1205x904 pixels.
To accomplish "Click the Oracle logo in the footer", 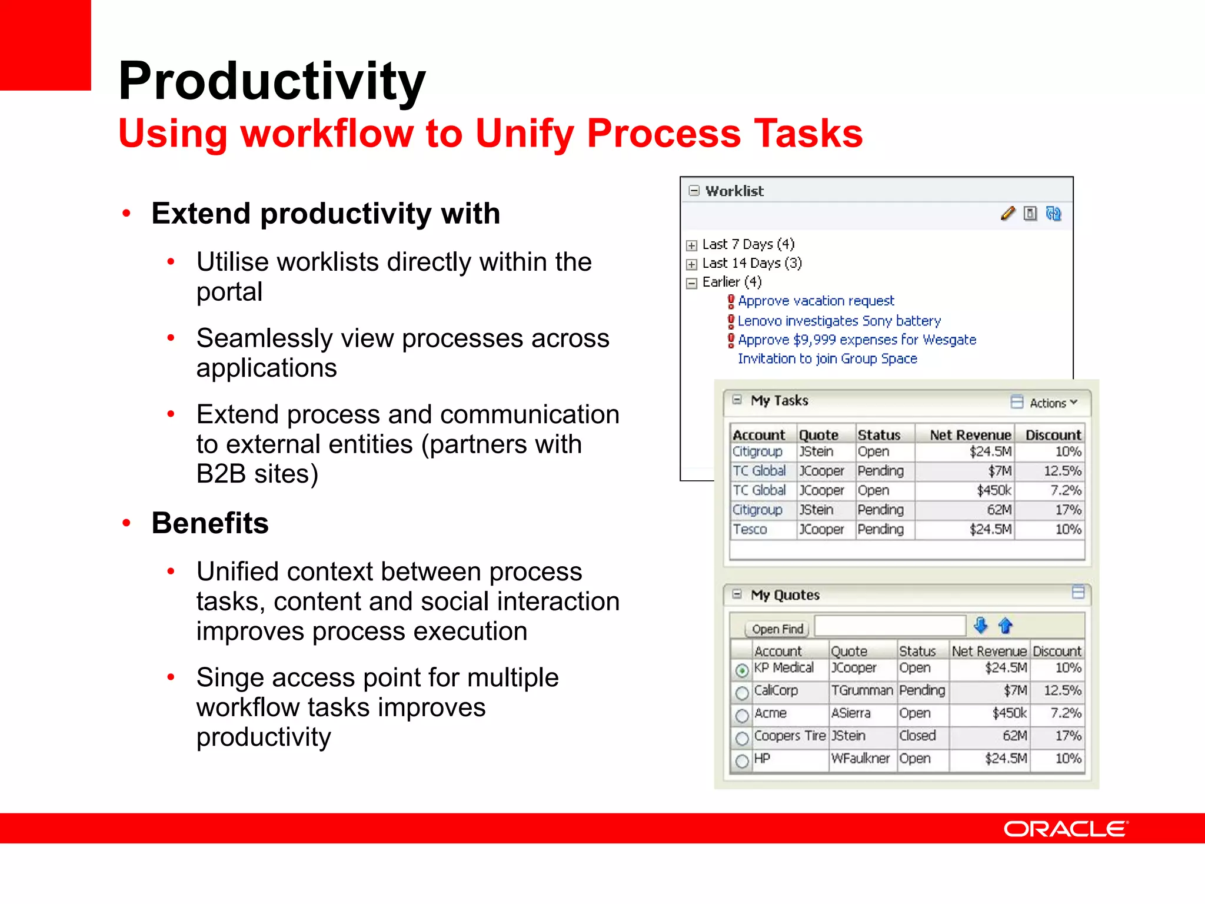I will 1065,829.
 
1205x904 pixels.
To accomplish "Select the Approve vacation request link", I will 815,301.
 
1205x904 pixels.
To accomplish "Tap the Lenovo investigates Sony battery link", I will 839,321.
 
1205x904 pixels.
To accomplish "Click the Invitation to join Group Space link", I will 827,359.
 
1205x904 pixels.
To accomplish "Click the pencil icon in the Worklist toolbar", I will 1007,214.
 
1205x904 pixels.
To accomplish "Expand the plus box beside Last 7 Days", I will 692,245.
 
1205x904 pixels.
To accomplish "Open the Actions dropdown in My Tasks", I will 1053,403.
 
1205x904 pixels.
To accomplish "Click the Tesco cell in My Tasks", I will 750,530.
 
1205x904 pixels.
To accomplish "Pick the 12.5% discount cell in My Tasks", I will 1062,471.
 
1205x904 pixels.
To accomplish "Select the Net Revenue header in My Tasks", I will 970,436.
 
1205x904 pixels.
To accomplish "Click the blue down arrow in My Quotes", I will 980,626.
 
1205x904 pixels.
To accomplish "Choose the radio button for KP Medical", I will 742,670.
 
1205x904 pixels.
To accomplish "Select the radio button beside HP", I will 742,761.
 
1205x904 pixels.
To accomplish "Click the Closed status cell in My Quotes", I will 917,736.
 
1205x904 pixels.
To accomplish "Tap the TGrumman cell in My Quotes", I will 862,691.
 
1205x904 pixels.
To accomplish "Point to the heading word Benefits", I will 210,523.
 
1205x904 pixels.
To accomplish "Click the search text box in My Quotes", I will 890,626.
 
